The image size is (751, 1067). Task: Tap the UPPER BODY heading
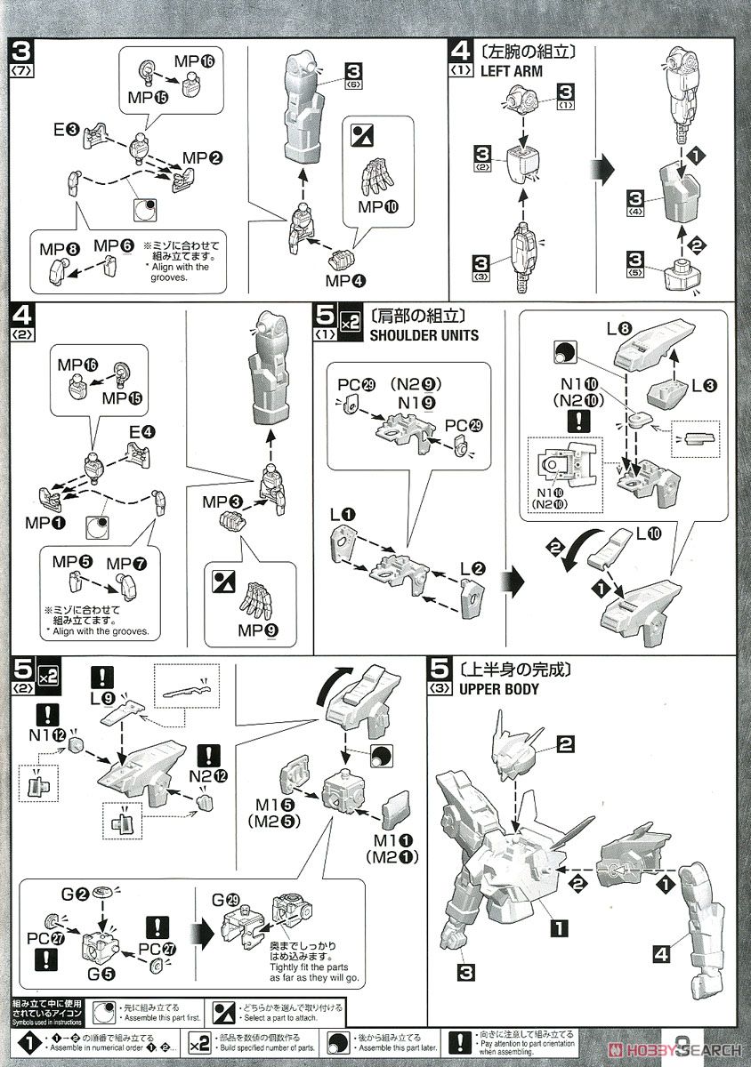[x=497, y=688]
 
